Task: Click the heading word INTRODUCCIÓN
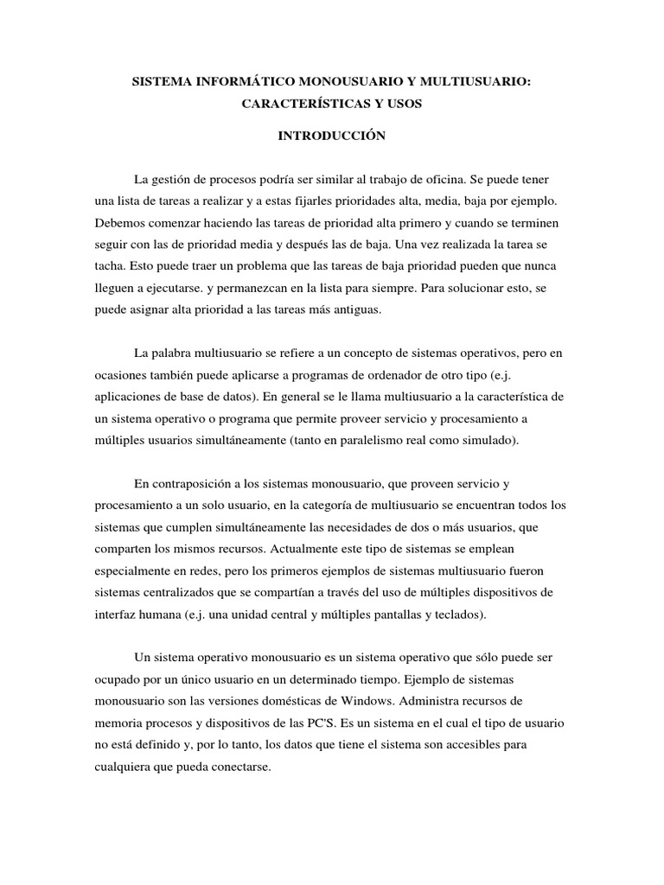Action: click(x=331, y=136)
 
